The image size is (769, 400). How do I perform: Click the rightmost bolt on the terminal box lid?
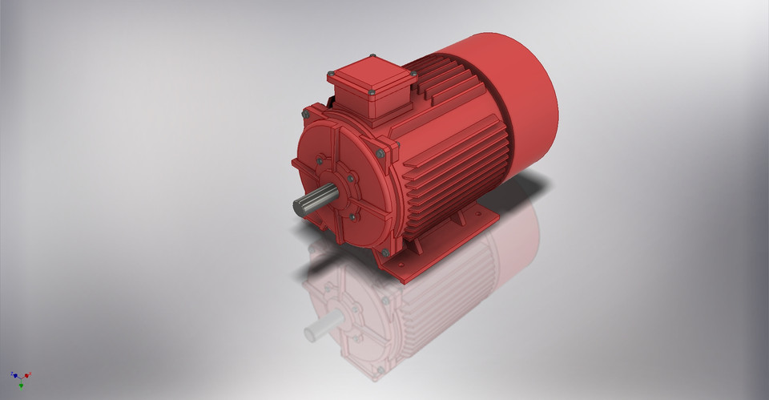(x=413, y=74)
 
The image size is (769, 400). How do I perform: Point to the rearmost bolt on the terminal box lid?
(x=372, y=57)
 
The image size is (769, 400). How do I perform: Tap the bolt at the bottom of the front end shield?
(x=385, y=253)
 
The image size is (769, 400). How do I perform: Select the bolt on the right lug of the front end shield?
(x=380, y=153)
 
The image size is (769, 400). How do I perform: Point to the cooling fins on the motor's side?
(x=457, y=168)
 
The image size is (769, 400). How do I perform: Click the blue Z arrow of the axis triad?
(x=13, y=374)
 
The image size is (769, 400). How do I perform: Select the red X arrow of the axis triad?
(x=28, y=374)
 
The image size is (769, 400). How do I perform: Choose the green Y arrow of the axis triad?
(x=21, y=385)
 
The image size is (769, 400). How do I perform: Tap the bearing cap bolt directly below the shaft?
(x=352, y=216)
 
